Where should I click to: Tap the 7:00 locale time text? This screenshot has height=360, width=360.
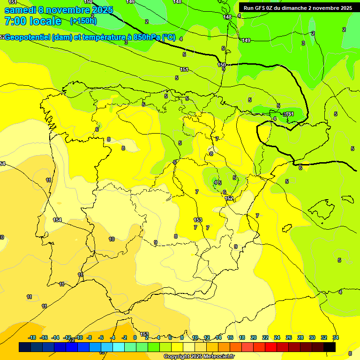[x=33, y=21]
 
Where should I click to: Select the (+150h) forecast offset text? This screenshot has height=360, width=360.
[x=83, y=21]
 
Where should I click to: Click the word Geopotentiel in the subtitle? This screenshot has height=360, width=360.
[x=29, y=37]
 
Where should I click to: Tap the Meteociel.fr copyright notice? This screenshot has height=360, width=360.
[x=199, y=356]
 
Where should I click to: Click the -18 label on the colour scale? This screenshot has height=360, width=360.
[x=32, y=337]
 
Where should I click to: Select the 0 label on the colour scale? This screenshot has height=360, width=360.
[x=135, y=337]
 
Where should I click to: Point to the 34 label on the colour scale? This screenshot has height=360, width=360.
[x=336, y=337]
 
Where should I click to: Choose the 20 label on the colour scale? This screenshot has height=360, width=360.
[x=253, y=337]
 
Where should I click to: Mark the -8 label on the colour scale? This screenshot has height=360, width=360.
[x=89, y=337]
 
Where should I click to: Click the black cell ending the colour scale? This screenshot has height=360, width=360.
[x=330, y=347]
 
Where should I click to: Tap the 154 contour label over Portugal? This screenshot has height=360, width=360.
[x=57, y=220]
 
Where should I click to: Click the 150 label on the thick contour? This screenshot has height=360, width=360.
[x=222, y=65]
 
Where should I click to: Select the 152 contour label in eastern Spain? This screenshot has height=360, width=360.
[x=229, y=199]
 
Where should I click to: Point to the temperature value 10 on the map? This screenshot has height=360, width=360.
[x=112, y=239]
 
